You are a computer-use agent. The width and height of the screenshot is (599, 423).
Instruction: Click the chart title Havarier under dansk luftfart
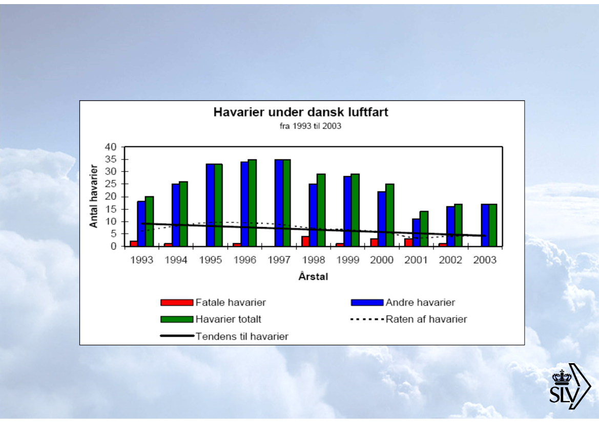click(301, 113)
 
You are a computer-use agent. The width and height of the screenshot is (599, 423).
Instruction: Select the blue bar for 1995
click(210, 205)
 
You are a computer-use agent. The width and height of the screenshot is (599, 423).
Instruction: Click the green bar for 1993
click(150, 221)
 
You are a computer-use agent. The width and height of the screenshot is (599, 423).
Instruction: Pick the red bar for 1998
click(305, 241)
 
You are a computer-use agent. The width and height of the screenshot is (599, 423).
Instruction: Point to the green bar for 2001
click(424, 229)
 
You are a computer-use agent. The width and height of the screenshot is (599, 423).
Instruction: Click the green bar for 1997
click(287, 203)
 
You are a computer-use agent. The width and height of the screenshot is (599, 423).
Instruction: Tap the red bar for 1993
click(134, 243)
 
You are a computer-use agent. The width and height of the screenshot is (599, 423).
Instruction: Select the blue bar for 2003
click(485, 225)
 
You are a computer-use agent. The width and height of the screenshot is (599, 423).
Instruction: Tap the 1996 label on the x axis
click(245, 260)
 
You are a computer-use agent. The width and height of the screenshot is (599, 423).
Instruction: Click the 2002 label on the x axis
click(450, 260)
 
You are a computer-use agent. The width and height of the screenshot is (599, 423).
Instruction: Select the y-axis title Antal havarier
click(94, 196)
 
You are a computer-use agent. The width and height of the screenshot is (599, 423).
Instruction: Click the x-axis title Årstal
click(313, 277)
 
